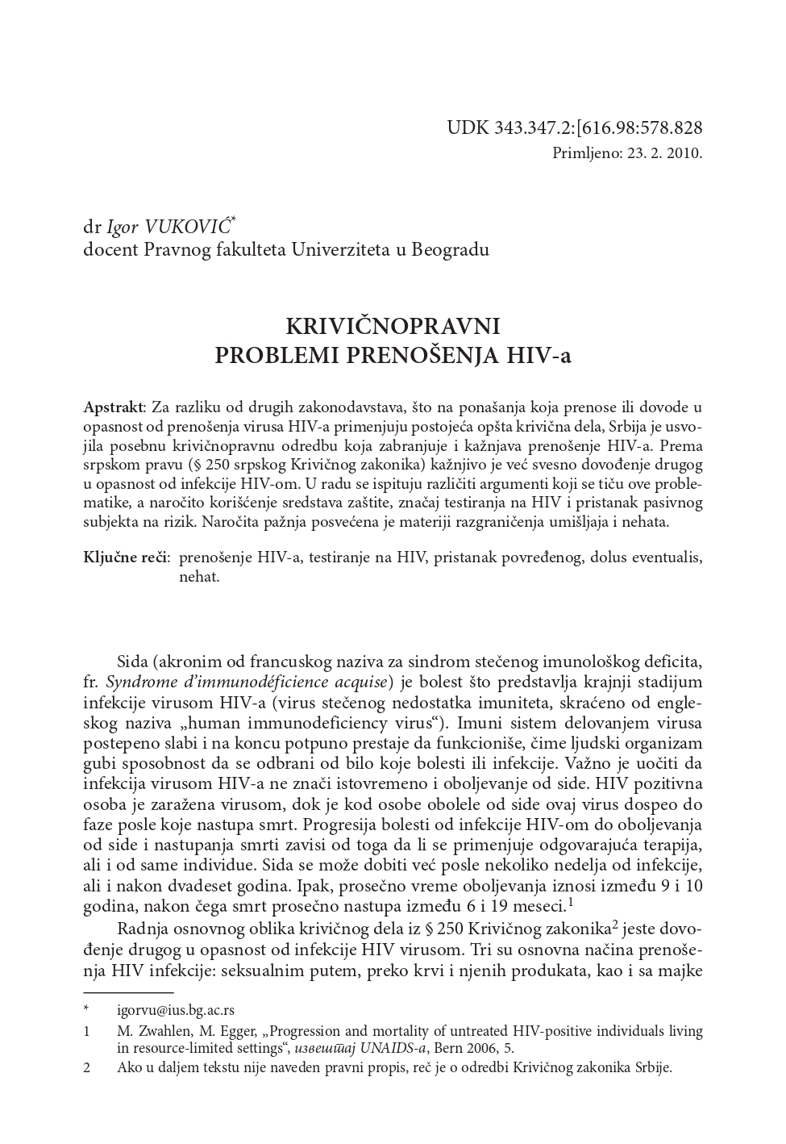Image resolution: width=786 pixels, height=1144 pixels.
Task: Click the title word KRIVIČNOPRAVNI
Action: coord(393,326)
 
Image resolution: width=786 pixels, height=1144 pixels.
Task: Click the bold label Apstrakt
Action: coord(114,406)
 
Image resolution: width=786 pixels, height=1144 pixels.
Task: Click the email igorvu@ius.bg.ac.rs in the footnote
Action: coord(176,1009)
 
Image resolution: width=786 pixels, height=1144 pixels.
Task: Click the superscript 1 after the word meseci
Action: coord(570,902)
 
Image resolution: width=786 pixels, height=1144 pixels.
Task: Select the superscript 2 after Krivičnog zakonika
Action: coord(614,923)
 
